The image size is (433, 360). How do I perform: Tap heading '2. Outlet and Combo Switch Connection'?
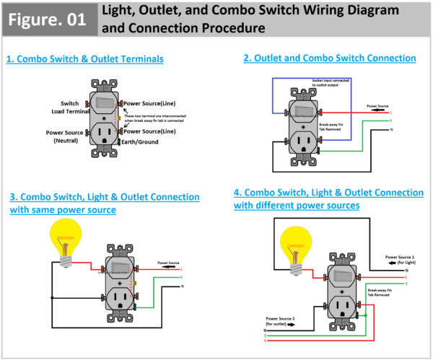click(330, 58)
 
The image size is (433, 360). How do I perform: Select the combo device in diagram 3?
click(121, 278)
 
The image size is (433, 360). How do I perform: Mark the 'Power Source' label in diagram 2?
click(377, 106)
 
